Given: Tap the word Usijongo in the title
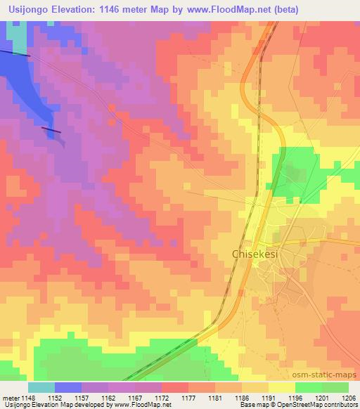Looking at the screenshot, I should coord(31,10).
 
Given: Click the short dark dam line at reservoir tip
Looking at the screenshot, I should coord(51,130).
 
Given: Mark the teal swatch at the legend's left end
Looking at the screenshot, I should coord(41,387).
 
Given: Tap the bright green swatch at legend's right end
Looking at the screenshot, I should coord(335,387).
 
